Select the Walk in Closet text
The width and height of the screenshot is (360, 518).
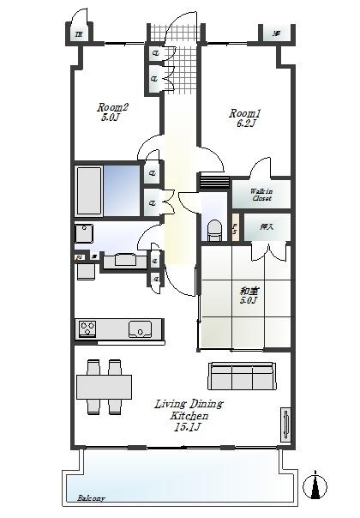pos(261,195)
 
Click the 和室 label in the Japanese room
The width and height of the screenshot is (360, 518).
pos(249,292)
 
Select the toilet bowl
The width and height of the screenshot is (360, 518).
pos(215,231)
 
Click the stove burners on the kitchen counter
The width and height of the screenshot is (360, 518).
pos(89,328)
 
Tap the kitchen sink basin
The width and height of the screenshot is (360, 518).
pos(140,328)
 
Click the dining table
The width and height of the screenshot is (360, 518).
pos(104,388)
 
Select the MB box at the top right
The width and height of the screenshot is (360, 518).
pos(276,34)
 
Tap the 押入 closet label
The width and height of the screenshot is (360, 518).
pos(266,227)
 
